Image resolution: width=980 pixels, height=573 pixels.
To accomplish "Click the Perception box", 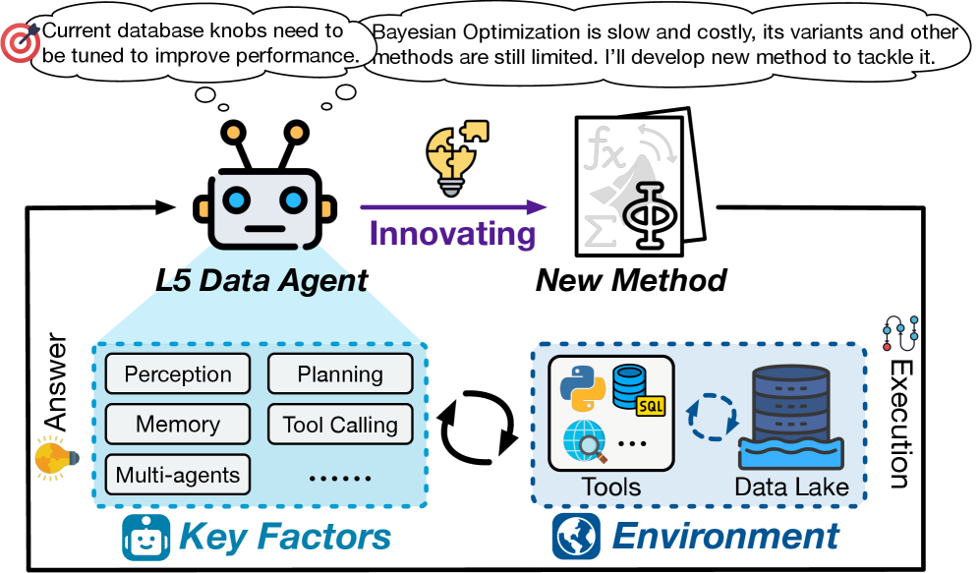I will (178, 374).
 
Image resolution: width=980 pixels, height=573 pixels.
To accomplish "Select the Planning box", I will (340, 374).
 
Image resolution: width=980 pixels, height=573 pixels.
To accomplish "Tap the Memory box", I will (178, 425).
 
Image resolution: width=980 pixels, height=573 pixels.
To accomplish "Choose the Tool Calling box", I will (340, 425).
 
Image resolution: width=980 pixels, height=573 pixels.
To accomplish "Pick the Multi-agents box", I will (178, 476).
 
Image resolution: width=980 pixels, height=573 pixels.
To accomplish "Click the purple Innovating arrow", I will (452, 206).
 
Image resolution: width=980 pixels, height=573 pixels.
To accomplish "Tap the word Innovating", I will (452, 236).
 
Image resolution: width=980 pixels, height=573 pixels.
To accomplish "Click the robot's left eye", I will (235, 201).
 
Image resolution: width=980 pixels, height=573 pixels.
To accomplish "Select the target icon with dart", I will (20, 42).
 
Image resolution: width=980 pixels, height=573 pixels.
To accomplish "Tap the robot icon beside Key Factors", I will (146, 538).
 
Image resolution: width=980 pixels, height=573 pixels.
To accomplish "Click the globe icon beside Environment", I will (575, 536).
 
